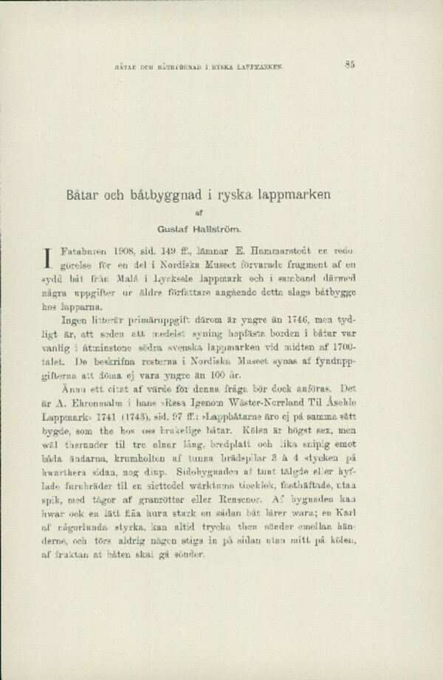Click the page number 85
pos(350,64)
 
